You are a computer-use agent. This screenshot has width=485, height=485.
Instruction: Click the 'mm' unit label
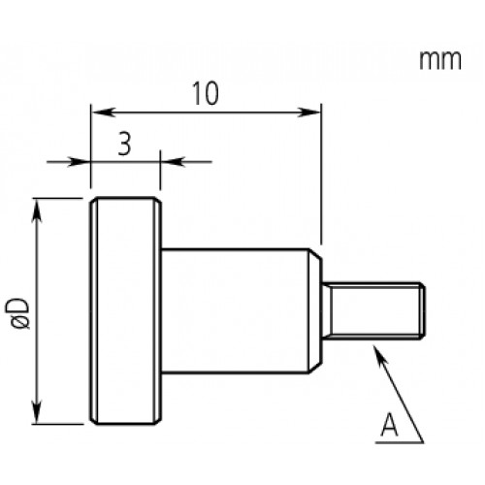tap(440, 60)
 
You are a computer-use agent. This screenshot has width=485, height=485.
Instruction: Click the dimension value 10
tap(206, 93)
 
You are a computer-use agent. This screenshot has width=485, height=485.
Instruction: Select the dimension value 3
tap(124, 144)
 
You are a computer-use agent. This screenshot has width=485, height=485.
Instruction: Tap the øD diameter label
tap(17, 313)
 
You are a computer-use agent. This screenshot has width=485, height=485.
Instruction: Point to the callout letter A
tap(389, 425)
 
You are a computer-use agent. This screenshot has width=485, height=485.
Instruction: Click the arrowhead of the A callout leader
tap(379, 353)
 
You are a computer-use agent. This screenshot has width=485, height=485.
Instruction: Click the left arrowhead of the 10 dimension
tap(104, 113)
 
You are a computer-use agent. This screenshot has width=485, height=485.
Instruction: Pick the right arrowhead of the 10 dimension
tap(309, 113)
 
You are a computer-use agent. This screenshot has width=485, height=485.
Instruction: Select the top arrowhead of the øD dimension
tap(37, 210)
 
